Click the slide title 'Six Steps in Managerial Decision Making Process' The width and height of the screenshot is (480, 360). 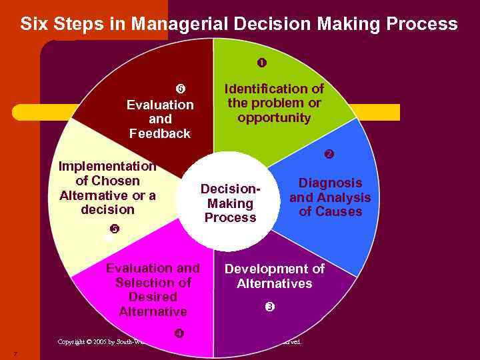(239, 25)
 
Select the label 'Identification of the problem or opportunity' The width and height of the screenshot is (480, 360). (274, 103)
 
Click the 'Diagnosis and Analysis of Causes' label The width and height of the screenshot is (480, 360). (330, 197)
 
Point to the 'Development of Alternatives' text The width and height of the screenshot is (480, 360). (274, 276)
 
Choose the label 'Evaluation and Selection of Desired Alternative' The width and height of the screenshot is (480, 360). (153, 290)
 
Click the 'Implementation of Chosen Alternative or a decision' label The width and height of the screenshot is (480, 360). (107, 188)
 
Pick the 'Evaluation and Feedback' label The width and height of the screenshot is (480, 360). (160, 119)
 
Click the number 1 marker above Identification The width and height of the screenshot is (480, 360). (262, 63)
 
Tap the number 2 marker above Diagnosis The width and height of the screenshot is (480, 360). (329, 155)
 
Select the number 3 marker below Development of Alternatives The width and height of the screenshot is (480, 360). (269, 307)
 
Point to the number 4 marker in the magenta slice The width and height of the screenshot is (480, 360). (179, 333)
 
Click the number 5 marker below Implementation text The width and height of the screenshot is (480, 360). (114, 229)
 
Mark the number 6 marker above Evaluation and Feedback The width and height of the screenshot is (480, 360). (180, 89)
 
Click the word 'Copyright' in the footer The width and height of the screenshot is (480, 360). (71, 342)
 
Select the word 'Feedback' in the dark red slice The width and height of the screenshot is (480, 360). (160, 133)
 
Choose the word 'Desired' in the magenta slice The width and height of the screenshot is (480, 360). (153, 297)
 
